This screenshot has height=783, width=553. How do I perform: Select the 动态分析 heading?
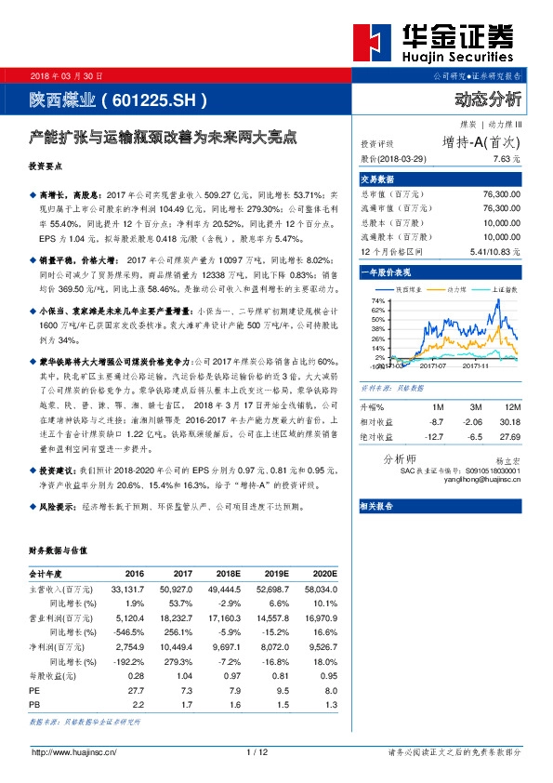[488, 99]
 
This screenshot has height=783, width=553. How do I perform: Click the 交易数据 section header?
[378, 179]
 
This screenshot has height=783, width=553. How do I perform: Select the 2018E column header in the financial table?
[225, 573]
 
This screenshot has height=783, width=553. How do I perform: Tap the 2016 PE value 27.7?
[137, 692]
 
